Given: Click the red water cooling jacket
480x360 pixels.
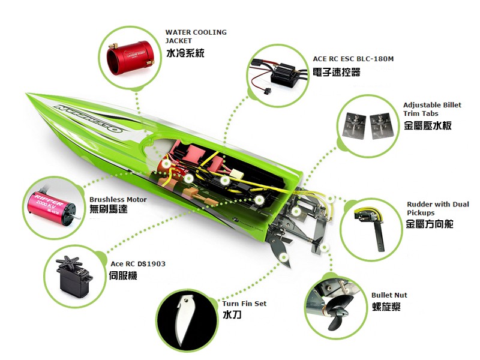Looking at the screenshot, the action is point(130,58).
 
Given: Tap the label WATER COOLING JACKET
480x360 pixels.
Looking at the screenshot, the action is point(196,37).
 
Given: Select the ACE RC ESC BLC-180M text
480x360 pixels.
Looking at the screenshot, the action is point(353,59).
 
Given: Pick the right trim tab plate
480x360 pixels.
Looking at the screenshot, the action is point(381,126).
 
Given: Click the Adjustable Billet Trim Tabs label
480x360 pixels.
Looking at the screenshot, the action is point(432,109).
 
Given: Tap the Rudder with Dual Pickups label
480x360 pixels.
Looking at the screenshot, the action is point(438,208).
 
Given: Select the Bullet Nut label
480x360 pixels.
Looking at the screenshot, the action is point(389,295).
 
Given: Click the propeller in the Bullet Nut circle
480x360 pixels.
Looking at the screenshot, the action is point(337,316).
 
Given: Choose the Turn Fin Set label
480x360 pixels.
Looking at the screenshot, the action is point(244,304).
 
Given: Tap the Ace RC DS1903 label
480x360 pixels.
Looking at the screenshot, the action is point(138,264).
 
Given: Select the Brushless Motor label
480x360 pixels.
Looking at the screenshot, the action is point(118,200).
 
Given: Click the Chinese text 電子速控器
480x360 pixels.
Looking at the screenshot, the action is point(336,73).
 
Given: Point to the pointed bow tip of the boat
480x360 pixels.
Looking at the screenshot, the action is point(27,94).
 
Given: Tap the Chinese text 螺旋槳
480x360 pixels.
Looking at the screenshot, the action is point(386,307).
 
